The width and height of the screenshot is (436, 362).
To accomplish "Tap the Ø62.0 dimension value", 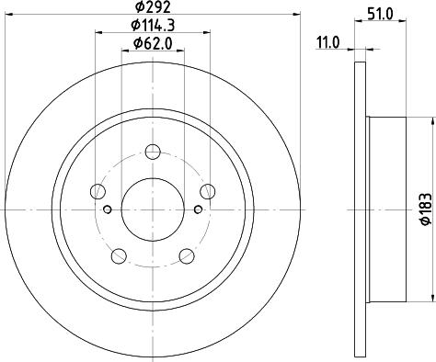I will click(x=152, y=43).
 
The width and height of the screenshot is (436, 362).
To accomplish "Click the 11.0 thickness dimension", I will click(x=329, y=41).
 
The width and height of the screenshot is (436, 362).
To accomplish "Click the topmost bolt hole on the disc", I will click(x=154, y=151).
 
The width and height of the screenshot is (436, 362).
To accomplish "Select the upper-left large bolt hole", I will click(x=98, y=191).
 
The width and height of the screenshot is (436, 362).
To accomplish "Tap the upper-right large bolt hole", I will click(x=209, y=191).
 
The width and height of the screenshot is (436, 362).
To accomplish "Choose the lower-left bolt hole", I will click(x=119, y=255).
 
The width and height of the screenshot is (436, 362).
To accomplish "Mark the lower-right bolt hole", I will click(x=187, y=255).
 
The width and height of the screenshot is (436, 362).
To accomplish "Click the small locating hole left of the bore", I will click(x=109, y=209).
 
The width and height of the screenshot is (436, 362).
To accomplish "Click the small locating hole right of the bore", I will click(x=197, y=209).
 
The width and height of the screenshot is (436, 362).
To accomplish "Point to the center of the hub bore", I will click(x=154, y=209).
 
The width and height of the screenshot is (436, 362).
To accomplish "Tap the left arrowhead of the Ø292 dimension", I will click(x=7, y=14).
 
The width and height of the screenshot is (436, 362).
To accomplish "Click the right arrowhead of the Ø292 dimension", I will click(x=299, y=14).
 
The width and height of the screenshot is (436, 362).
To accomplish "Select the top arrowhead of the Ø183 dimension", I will click(x=431, y=118).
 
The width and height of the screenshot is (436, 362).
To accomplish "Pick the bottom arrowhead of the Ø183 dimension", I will click(x=431, y=301).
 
